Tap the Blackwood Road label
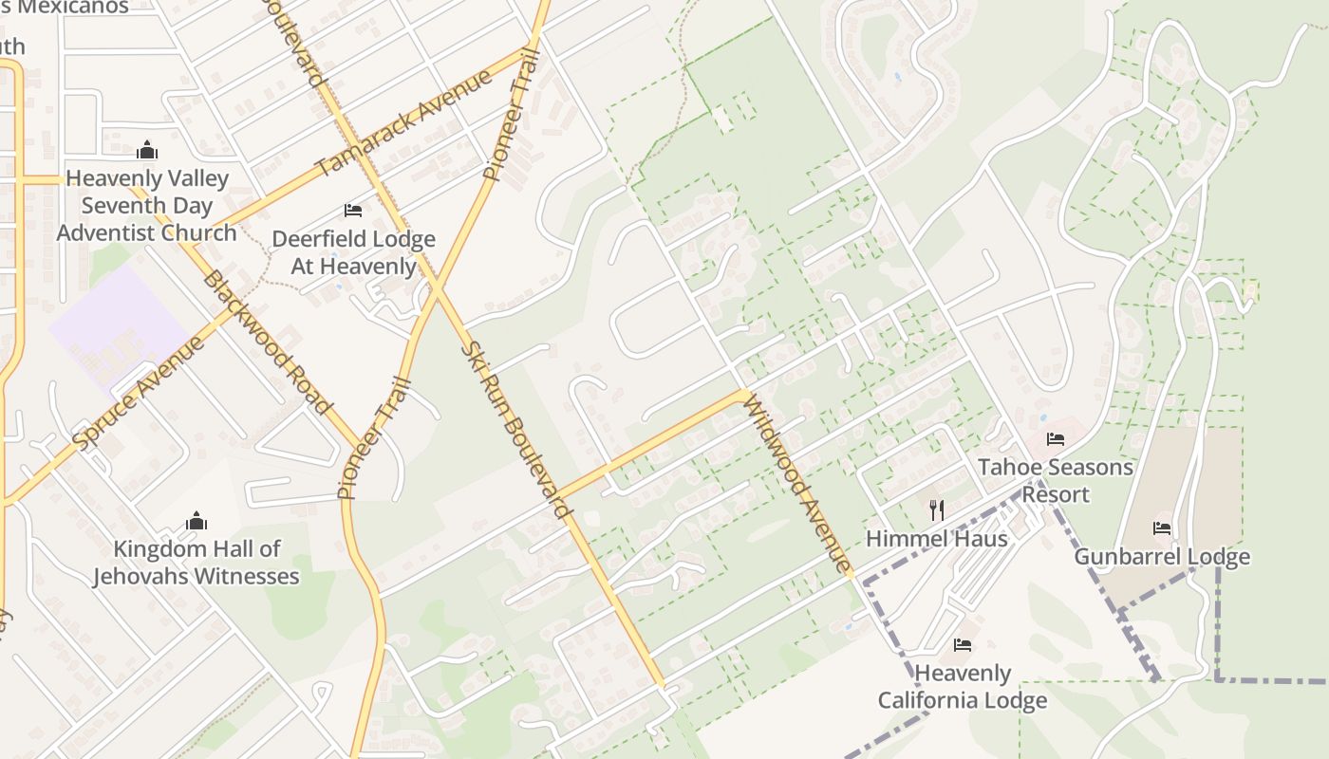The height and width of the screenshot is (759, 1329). [x=268, y=343]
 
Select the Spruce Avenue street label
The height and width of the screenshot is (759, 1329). [x=139, y=391]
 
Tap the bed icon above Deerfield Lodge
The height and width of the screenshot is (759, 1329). [x=353, y=210]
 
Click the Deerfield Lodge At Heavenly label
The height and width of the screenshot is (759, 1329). [x=353, y=252]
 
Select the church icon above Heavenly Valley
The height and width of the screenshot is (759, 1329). [x=147, y=150]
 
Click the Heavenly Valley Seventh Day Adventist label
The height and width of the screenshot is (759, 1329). [x=147, y=205]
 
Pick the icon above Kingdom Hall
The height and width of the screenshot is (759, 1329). [x=197, y=520]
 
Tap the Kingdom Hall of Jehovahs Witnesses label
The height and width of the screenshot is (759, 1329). [x=197, y=562]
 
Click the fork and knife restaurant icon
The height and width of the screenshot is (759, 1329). [x=937, y=510]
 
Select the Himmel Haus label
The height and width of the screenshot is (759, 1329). [x=936, y=539]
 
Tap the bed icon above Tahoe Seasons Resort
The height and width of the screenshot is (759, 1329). [x=1056, y=438]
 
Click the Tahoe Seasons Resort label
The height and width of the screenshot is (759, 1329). [x=1056, y=480]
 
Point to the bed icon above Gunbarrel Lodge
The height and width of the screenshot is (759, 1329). [x=1162, y=528]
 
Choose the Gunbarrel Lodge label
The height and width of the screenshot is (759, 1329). [x=1162, y=556]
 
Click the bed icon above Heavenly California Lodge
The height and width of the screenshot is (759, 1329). [x=963, y=645]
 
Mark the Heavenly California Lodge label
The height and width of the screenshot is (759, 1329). [x=963, y=687]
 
